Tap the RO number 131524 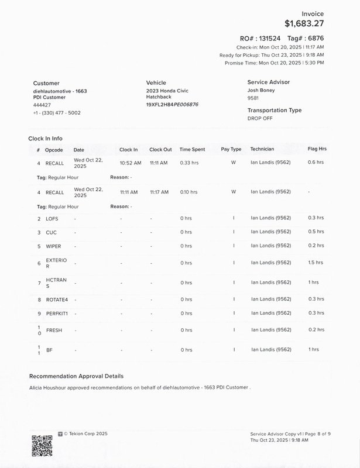click(266, 37)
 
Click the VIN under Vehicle click(172, 104)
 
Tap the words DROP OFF click(260, 118)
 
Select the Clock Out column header click(160, 149)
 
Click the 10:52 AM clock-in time click(129, 163)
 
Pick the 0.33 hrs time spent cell click(189, 163)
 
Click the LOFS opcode click(52, 218)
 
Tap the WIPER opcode click(53, 246)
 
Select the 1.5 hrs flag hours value click(316, 263)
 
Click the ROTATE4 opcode click(57, 300)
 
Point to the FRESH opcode click(54, 330)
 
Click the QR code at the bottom click(42, 446)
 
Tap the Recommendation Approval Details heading click(76, 376)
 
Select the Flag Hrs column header click(317, 149)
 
